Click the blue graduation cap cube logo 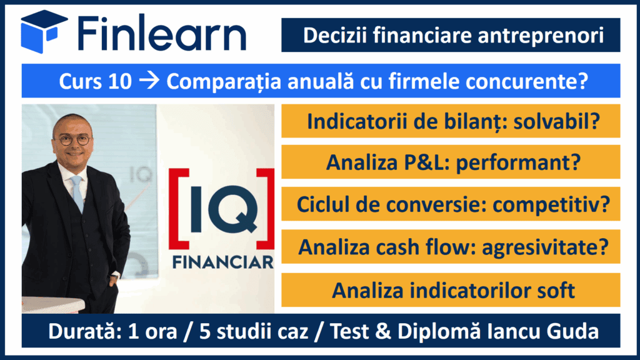[44, 31]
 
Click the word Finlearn [162, 32]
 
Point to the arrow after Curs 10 [149, 81]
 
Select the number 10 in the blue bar [119, 81]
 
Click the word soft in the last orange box [556, 290]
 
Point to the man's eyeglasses [72, 141]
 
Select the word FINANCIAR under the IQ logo [223, 262]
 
